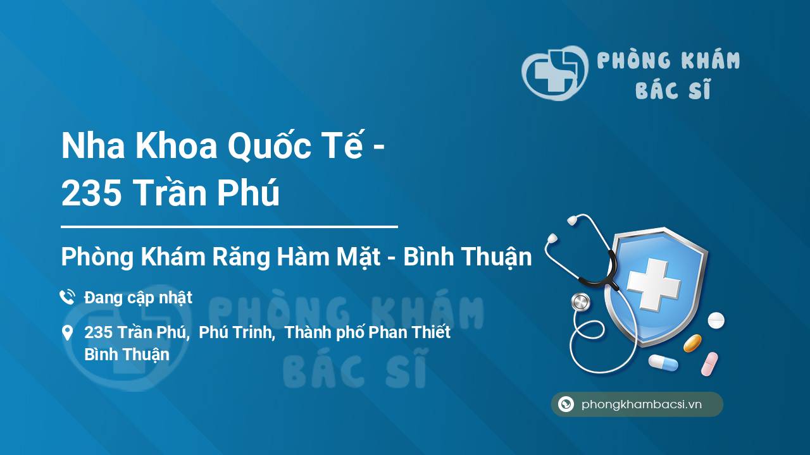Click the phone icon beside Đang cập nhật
pos(68,297)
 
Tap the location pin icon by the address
pos(68,333)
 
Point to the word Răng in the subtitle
pos(241,258)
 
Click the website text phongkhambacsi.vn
pos(642,404)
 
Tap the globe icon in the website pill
pos(566,404)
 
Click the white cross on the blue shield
pos(654,284)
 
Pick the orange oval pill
pos(692,343)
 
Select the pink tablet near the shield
pos(709,364)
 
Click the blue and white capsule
pos(663,363)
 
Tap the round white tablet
pos(716,320)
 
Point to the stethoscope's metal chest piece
pos(580,302)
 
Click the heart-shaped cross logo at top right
pos(555,73)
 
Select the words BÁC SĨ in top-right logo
pos(673,89)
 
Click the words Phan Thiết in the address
pos(409,332)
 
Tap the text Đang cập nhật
pos(138,298)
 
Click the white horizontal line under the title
pos(229,227)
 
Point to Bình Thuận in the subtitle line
pos(468,257)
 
